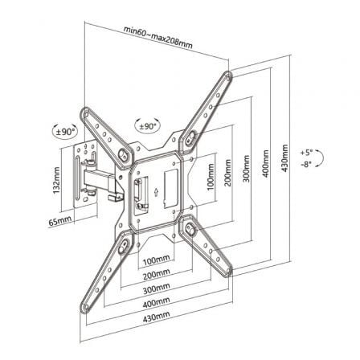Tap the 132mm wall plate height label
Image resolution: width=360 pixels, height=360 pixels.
[57, 181]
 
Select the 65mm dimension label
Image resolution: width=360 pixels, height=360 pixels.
[61, 219]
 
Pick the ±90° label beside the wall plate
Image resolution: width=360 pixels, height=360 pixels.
[65, 131]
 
